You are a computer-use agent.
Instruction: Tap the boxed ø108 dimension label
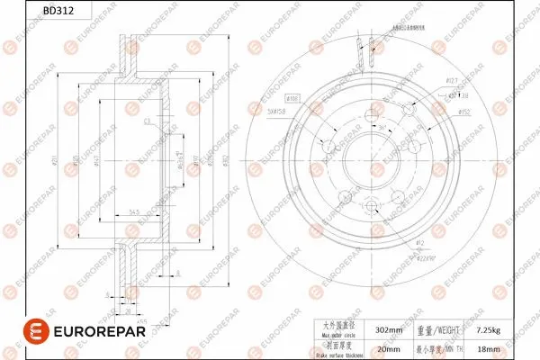click(292, 96)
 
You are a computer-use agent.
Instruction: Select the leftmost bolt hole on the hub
click(329, 146)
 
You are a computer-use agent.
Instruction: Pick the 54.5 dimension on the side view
click(133, 212)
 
